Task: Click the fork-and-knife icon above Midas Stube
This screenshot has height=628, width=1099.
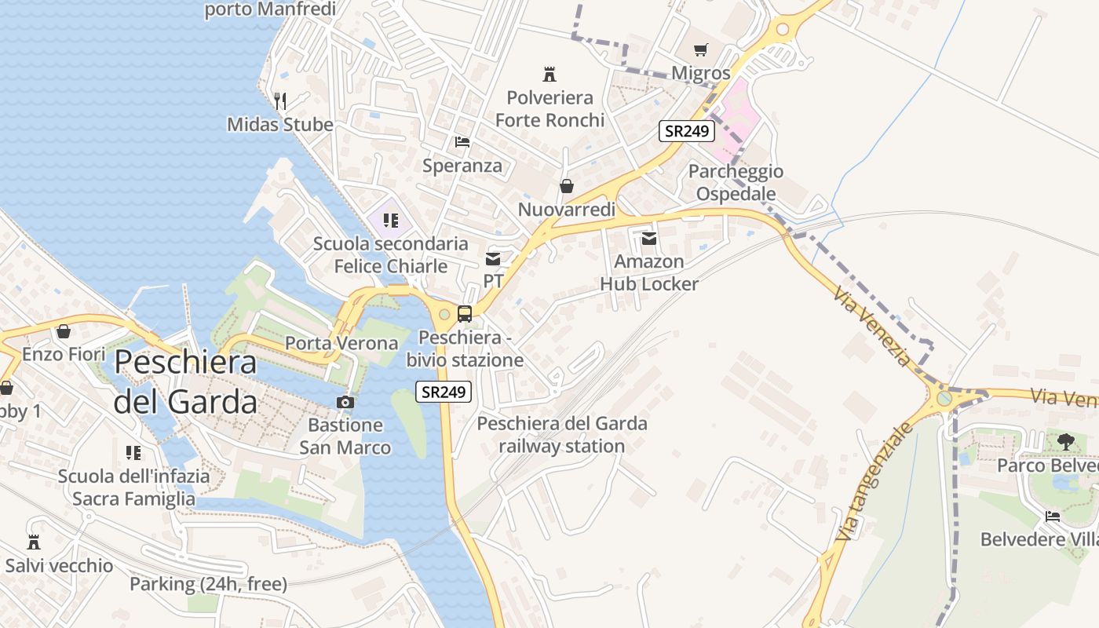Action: point(280,100)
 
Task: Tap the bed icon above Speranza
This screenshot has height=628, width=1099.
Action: point(462,142)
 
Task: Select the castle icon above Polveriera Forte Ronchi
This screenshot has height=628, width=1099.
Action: point(549,75)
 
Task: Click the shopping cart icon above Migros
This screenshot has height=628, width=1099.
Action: point(701,49)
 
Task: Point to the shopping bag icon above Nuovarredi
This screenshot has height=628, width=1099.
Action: point(566,186)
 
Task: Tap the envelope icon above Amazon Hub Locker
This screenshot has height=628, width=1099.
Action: point(649,238)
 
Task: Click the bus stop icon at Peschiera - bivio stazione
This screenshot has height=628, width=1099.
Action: point(465,314)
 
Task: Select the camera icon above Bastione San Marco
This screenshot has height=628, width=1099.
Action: point(345,402)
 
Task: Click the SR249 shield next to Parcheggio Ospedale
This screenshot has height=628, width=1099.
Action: point(687,131)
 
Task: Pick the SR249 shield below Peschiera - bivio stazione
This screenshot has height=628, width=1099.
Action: point(444,392)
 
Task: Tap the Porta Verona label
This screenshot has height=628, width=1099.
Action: point(341,343)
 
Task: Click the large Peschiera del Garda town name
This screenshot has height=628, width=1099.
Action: point(185,382)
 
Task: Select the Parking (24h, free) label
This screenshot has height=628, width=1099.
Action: point(208,584)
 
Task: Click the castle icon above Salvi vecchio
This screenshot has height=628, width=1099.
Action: point(34,542)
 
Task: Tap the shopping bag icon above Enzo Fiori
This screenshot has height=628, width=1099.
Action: point(64,331)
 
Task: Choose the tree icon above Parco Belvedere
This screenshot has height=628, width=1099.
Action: point(1065,442)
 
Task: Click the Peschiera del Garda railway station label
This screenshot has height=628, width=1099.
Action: point(562,435)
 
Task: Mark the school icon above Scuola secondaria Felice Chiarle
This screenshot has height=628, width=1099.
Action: point(390,221)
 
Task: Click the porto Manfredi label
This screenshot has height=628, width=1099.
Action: point(270,9)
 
